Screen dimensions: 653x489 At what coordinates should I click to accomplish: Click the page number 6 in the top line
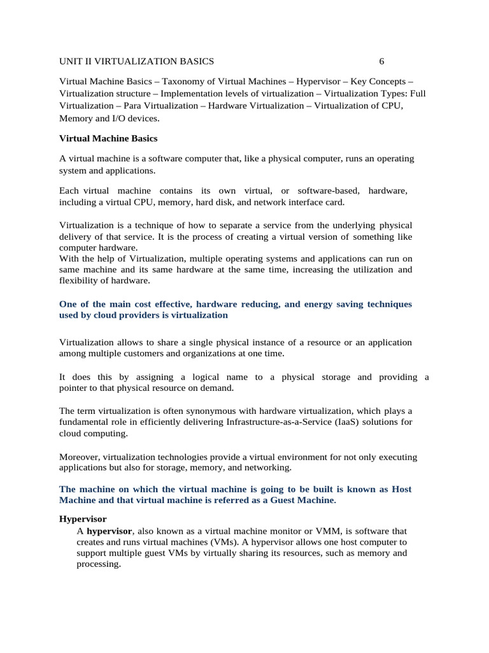point(381,61)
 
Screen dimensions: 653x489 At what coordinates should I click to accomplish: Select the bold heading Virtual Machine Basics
point(108,138)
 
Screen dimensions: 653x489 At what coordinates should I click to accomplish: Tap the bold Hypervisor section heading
point(83,519)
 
